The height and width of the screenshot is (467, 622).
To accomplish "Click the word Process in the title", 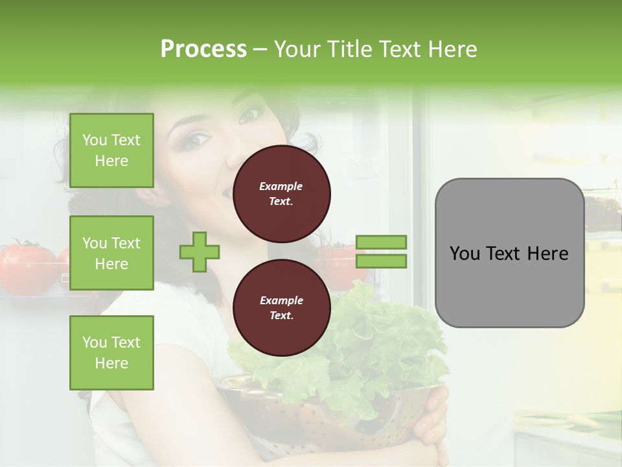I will click(203, 49).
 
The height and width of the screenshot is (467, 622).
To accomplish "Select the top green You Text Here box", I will click(111, 150).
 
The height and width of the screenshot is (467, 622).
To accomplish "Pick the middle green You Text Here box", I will click(111, 253).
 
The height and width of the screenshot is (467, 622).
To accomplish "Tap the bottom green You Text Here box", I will click(111, 353).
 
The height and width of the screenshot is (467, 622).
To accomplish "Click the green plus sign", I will click(200, 252).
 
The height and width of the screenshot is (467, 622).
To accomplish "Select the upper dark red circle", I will click(281, 193).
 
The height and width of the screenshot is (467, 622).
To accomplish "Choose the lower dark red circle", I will click(281, 307).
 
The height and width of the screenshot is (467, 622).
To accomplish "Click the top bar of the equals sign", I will click(381, 243).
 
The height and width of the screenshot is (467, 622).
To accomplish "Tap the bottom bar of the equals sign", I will click(381, 261).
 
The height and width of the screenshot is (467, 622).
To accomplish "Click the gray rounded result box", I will click(509, 253).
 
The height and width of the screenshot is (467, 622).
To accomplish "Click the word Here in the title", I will click(451, 49).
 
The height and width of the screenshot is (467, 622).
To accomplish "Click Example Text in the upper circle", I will click(281, 193).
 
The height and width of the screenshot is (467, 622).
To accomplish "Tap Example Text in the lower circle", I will click(281, 307).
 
